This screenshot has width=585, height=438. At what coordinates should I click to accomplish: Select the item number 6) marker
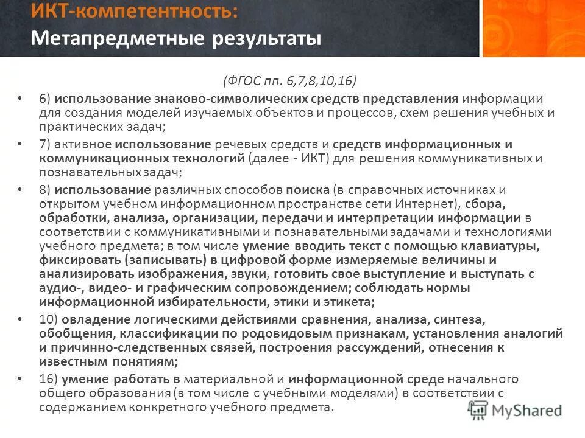(x=44, y=99)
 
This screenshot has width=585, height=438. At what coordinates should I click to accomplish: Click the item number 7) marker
(x=44, y=145)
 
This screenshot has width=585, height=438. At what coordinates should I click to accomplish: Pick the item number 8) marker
(x=44, y=190)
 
